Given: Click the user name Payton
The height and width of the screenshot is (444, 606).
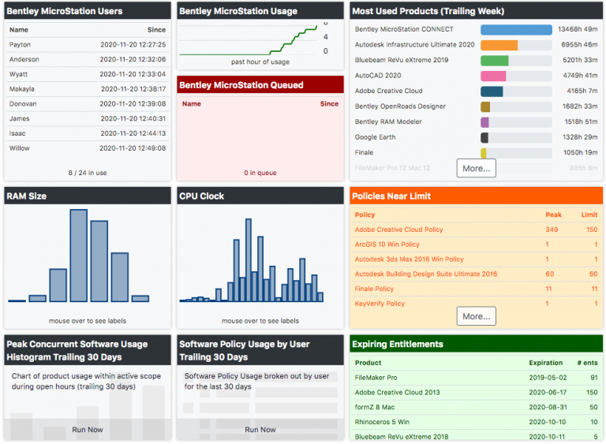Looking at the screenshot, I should (20, 45).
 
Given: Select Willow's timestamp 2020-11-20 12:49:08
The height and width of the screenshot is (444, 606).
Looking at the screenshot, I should (133, 148).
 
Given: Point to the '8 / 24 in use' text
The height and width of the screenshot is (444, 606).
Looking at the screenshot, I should (87, 172).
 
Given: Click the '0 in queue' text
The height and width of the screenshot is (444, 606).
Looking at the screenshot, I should (260, 173).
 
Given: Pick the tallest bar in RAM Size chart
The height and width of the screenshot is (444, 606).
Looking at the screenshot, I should (78, 256).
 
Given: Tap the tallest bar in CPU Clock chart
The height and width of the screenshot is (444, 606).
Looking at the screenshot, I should (249, 259).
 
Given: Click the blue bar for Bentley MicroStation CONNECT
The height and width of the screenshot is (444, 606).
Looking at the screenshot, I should (516, 30).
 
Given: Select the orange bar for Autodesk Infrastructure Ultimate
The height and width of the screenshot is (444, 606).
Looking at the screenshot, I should (499, 45).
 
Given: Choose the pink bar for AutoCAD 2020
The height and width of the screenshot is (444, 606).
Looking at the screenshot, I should (493, 76).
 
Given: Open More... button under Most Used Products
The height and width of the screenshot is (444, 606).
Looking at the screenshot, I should (476, 168).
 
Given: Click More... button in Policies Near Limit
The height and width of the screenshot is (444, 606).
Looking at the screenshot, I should (476, 316).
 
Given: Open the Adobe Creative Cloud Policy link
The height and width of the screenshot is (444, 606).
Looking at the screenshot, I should (398, 229).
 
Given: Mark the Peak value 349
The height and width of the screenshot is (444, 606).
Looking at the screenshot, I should (552, 229).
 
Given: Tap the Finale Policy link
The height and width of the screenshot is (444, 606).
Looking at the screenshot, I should (374, 289).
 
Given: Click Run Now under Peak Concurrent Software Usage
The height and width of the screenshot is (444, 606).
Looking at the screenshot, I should (87, 430).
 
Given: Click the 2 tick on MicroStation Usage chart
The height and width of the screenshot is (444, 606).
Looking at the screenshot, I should (326, 38).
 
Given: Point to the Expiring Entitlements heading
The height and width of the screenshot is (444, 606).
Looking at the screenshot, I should (397, 344).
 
